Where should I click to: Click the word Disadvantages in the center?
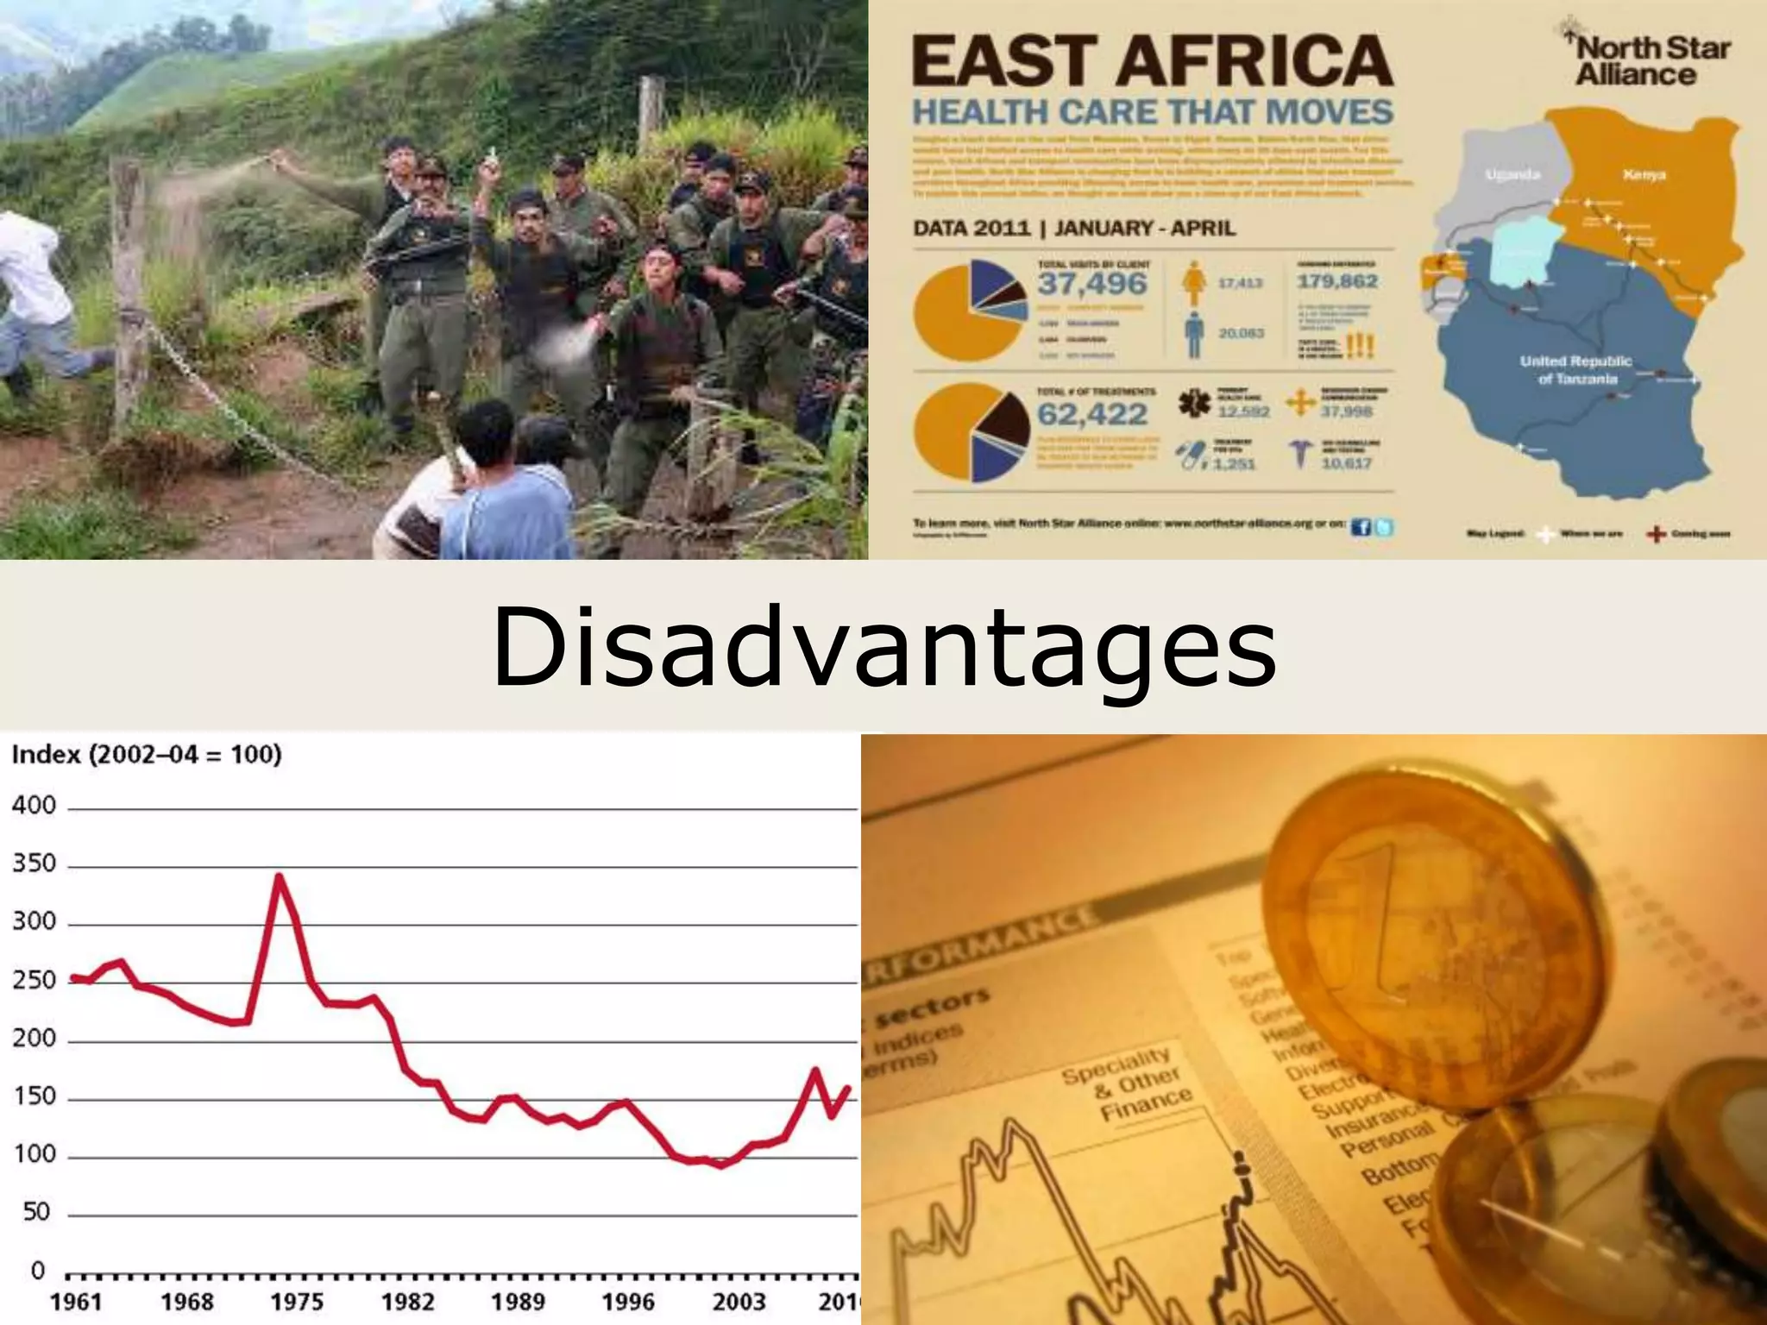(x=883, y=647)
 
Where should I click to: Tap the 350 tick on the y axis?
(x=34, y=863)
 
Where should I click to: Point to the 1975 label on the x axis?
(x=297, y=1302)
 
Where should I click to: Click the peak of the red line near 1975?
(x=279, y=876)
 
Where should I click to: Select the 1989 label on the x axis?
(x=518, y=1302)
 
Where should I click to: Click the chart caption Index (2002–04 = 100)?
(x=147, y=755)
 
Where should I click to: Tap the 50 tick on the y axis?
(x=36, y=1212)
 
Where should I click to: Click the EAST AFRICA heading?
(x=1152, y=60)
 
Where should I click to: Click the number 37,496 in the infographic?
(x=1092, y=284)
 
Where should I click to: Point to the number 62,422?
(x=1092, y=415)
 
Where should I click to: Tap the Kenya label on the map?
(x=1644, y=175)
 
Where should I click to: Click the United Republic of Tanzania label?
(x=1575, y=369)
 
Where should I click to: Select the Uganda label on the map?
(x=1513, y=175)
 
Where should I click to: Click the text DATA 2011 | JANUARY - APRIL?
(x=1074, y=229)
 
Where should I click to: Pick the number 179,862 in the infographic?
(x=1337, y=281)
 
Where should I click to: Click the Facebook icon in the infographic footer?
(x=1361, y=527)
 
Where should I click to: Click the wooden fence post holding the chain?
(x=129, y=293)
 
